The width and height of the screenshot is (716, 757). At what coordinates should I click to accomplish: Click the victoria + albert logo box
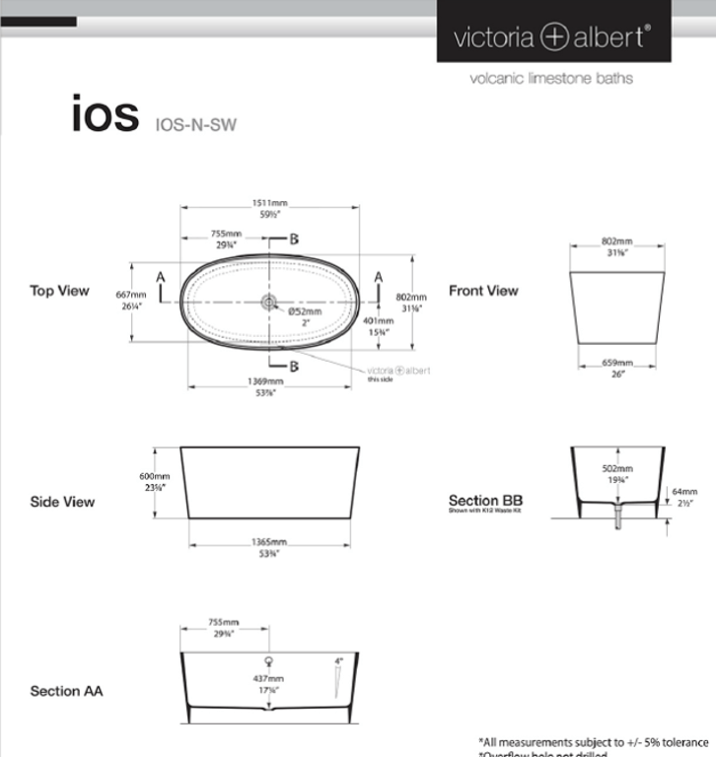point(553,36)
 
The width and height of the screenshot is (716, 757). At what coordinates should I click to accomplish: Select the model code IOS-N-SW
point(196,123)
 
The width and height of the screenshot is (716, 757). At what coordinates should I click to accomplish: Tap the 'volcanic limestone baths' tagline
point(551,78)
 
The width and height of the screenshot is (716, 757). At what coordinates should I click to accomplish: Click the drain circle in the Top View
point(269,301)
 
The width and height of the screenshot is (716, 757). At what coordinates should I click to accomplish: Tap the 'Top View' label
point(59,291)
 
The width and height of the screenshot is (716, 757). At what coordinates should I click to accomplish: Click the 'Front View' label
point(483,291)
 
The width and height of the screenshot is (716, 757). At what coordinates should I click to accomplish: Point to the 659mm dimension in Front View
point(616,363)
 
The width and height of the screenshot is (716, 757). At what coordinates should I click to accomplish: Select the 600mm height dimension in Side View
point(154,476)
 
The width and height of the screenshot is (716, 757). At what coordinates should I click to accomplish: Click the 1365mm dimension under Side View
point(266,543)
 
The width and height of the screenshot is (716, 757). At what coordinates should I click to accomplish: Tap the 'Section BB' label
point(478,500)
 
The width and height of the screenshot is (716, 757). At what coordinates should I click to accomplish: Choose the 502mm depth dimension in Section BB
point(616,469)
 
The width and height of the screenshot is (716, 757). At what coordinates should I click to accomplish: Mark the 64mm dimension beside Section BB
point(683,491)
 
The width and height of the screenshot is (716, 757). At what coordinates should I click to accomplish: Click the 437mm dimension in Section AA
point(268,679)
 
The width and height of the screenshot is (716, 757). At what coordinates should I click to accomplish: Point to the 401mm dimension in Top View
point(379,321)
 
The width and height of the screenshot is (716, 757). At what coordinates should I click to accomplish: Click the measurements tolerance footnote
point(594,741)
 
